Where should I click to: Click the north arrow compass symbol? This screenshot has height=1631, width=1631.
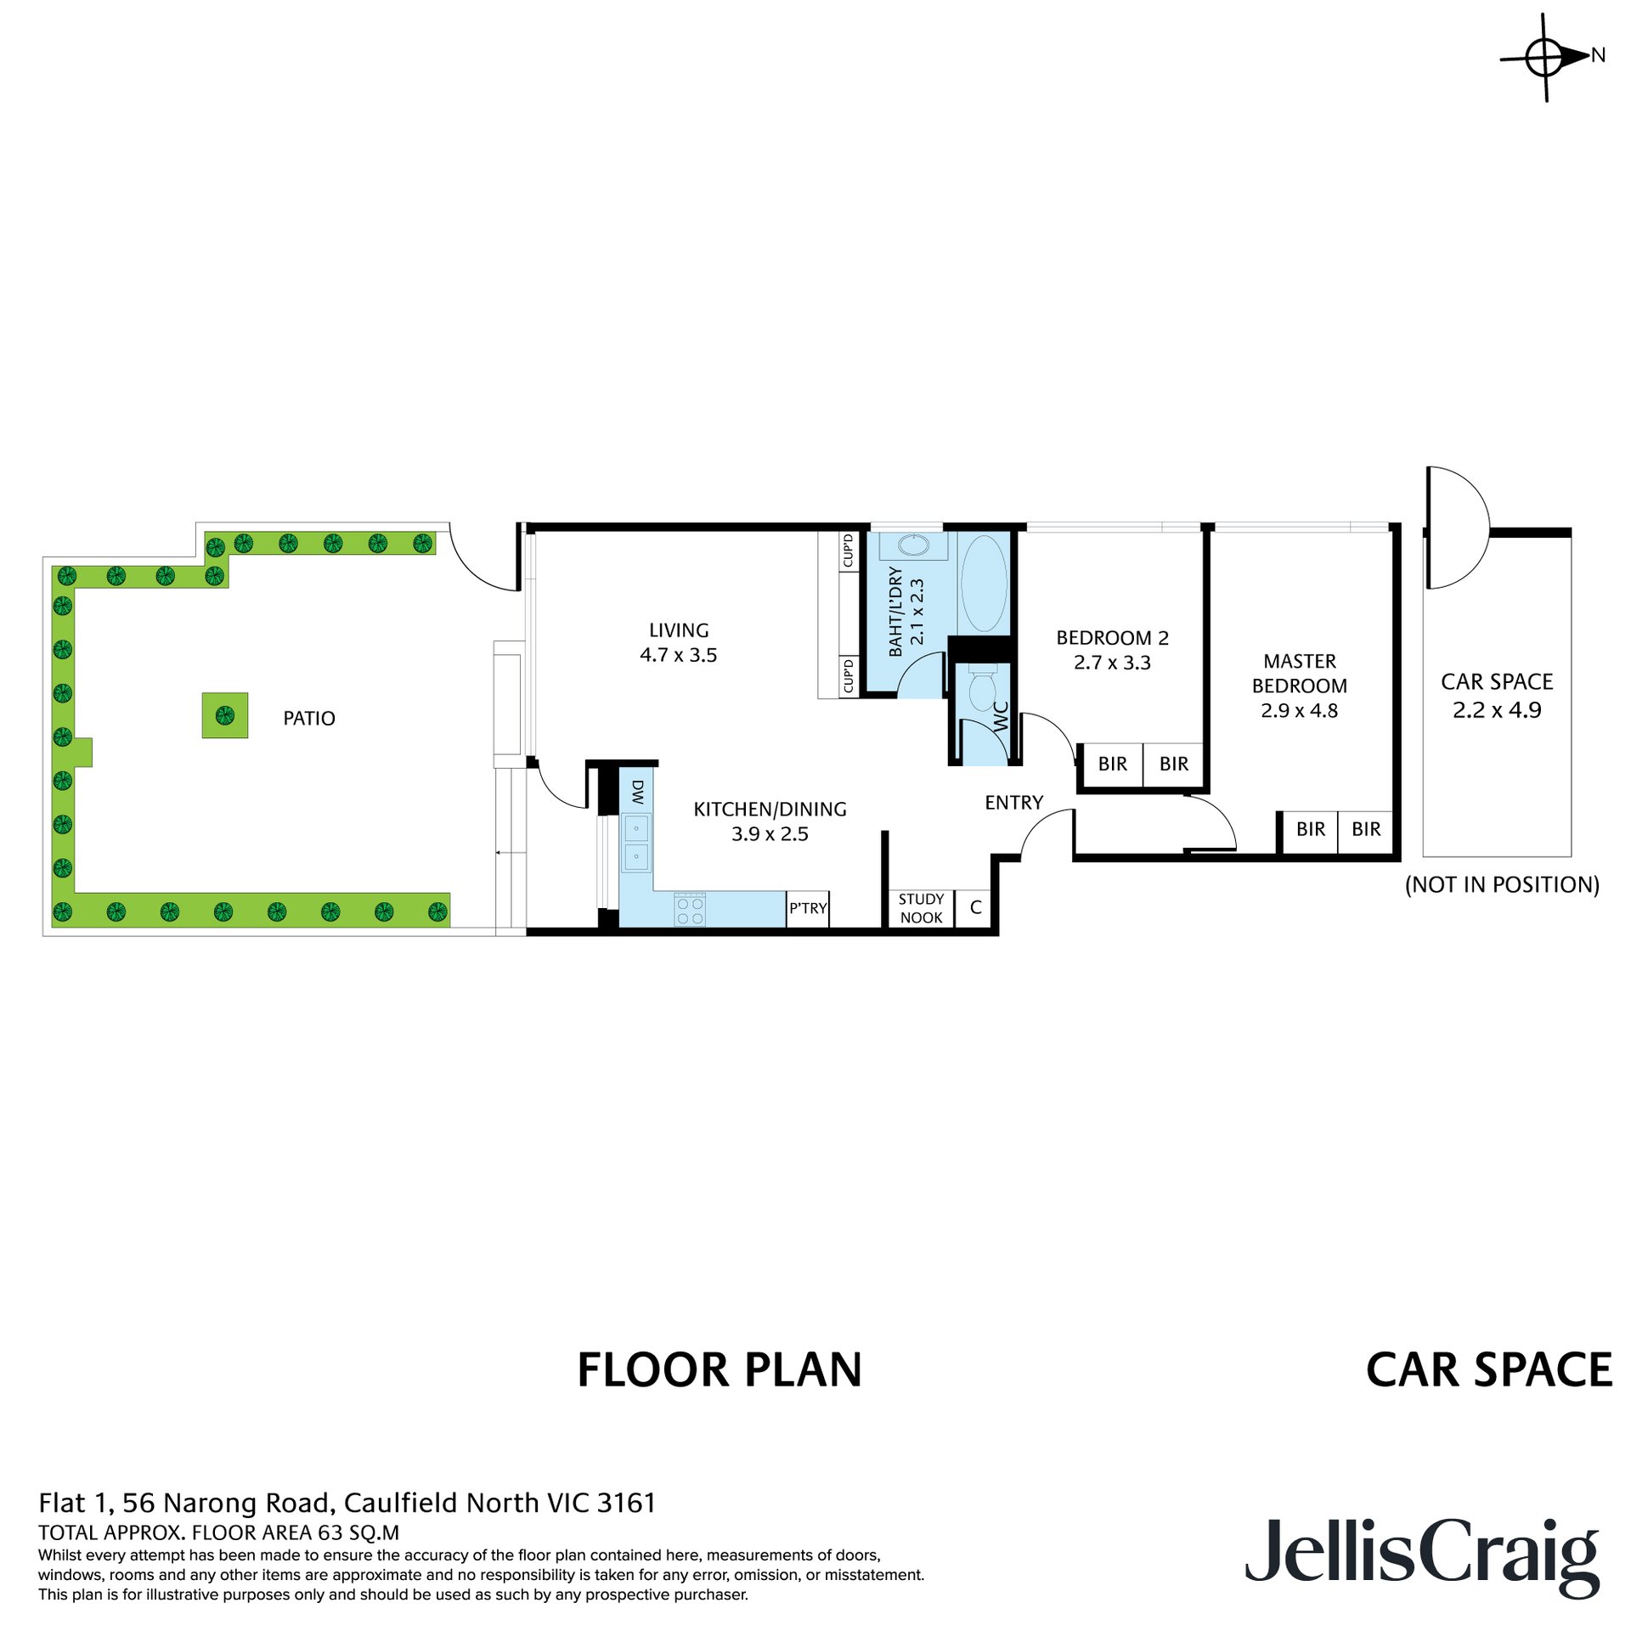tap(1544, 58)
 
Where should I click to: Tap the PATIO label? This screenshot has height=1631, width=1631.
tap(308, 719)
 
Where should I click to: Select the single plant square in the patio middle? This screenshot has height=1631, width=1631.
tap(224, 715)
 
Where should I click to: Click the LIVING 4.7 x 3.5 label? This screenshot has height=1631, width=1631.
tap(678, 642)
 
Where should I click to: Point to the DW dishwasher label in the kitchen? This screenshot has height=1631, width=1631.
tap(638, 793)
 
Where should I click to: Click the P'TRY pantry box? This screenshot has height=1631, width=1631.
tap(807, 908)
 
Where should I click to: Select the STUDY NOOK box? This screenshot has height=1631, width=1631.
tap(921, 908)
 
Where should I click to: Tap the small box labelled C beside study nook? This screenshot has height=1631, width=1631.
tap(975, 908)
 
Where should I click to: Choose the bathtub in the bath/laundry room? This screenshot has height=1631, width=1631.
tap(984, 583)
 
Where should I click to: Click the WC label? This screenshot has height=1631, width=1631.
tap(1001, 716)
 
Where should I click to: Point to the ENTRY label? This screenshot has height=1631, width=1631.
tap(1013, 803)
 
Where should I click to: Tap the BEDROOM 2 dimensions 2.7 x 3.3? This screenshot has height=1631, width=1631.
tap(1111, 663)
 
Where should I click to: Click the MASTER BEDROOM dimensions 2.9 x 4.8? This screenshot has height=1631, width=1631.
tap(1298, 710)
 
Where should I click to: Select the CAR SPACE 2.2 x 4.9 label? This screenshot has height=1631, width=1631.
tap(1496, 696)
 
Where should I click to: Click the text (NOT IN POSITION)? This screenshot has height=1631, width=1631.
tap(1501, 884)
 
